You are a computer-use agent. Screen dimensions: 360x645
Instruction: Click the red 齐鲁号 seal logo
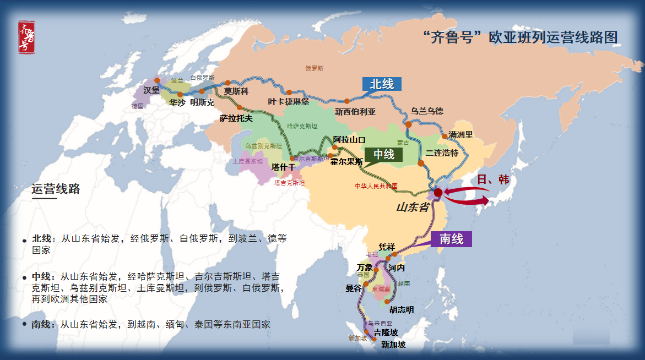pos(26,37)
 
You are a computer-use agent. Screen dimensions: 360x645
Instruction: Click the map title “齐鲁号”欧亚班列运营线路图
pos(520,37)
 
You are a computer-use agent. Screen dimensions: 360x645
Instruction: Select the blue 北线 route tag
pos(382,84)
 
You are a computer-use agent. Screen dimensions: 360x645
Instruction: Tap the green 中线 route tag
pos(384,155)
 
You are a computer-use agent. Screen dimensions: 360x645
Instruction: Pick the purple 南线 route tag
pos(452,239)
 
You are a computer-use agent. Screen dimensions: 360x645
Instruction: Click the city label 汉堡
pos(151,90)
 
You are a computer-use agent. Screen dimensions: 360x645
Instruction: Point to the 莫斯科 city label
pos(236,92)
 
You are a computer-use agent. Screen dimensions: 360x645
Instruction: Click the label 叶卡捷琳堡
pos(289,102)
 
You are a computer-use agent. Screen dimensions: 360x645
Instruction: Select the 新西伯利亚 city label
pos(355,112)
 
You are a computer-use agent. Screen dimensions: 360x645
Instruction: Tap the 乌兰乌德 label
pos(427,111)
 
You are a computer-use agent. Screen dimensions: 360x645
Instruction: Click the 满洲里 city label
pos(460,134)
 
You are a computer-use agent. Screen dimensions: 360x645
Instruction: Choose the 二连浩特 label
pos(442,153)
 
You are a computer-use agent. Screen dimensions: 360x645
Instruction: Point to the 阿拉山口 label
pos(349,140)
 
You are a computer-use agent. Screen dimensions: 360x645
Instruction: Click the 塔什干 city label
pos(283,167)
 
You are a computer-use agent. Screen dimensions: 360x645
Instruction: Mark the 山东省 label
pos(413,207)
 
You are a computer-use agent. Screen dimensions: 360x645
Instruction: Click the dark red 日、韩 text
pos(493,179)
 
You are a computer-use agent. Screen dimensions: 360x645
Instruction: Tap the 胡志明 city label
pos(401,310)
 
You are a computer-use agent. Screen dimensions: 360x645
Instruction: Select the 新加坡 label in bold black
pos(393,345)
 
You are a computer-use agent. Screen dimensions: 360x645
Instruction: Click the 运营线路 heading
pos(56,189)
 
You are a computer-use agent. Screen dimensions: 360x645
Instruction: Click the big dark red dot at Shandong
pos(438,193)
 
